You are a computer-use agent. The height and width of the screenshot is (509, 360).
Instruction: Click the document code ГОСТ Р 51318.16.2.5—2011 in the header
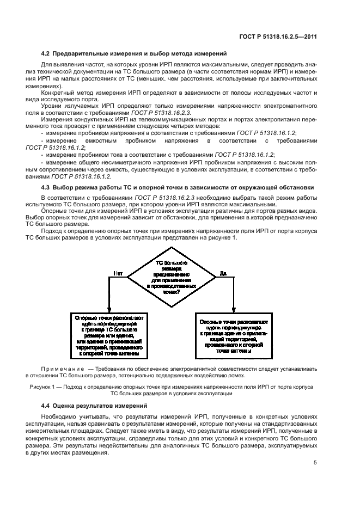click(x=278, y=36)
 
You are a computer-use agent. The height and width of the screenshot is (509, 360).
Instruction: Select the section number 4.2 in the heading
click(x=46, y=53)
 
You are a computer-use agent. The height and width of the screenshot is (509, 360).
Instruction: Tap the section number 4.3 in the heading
click(x=46, y=187)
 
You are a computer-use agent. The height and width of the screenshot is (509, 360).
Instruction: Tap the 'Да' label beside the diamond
click(x=223, y=273)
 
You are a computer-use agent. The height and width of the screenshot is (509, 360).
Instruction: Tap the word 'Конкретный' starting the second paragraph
click(x=57, y=92)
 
